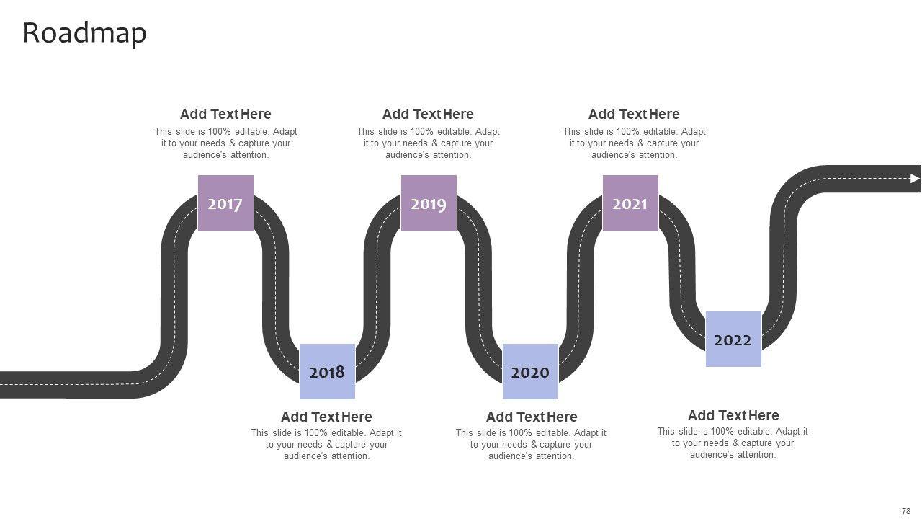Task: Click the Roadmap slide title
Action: click(x=85, y=33)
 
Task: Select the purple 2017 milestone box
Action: click(x=225, y=203)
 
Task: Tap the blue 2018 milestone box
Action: click(x=327, y=371)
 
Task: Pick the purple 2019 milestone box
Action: click(x=429, y=203)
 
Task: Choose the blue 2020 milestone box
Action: click(x=531, y=371)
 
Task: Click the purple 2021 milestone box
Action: click(x=630, y=203)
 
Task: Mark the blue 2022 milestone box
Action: click(x=733, y=339)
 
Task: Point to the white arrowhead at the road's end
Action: click(x=915, y=178)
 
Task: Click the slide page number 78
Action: click(x=906, y=511)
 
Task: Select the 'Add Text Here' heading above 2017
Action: click(x=225, y=114)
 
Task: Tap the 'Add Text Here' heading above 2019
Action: click(x=428, y=114)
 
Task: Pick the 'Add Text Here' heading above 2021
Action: click(x=634, y=114)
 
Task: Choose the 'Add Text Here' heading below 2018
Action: click(x=326, y=417)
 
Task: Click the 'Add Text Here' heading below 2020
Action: click(x=532, y=417)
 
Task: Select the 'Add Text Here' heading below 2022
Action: click(x=733, y=415)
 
